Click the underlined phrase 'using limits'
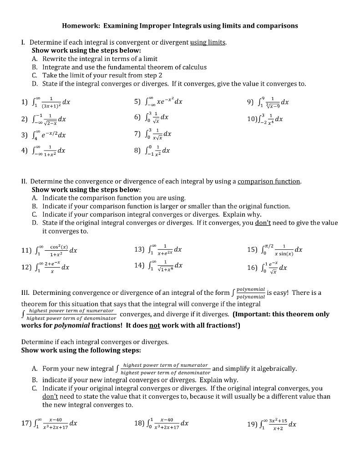point(208,42)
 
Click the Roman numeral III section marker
point(25,293)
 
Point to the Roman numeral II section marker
point(25,181)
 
